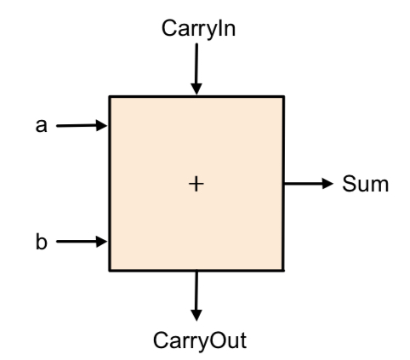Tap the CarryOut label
[x=200, y=341]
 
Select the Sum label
[x=366, y=184]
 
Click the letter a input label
[x=41, y=126]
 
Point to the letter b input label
[x=42, y=242]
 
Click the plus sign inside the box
[x=196, y=184]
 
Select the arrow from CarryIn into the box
[x=196, y=69]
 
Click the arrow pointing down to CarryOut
[x=196, y=296]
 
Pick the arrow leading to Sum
[x=309, y=184]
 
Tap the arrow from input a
[x=82, y=125]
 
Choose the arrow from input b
[x=82, y=242]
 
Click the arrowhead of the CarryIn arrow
[x=196, y=89]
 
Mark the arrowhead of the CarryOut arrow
[x=196, y=316]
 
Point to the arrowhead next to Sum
[x=328, y=184]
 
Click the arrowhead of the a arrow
[x=102, y=125]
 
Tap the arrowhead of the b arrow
[x=102, y=242]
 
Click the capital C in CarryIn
[x=169, y=28]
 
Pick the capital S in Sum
[x=349, y=184]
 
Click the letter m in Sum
[x=379, y=186]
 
